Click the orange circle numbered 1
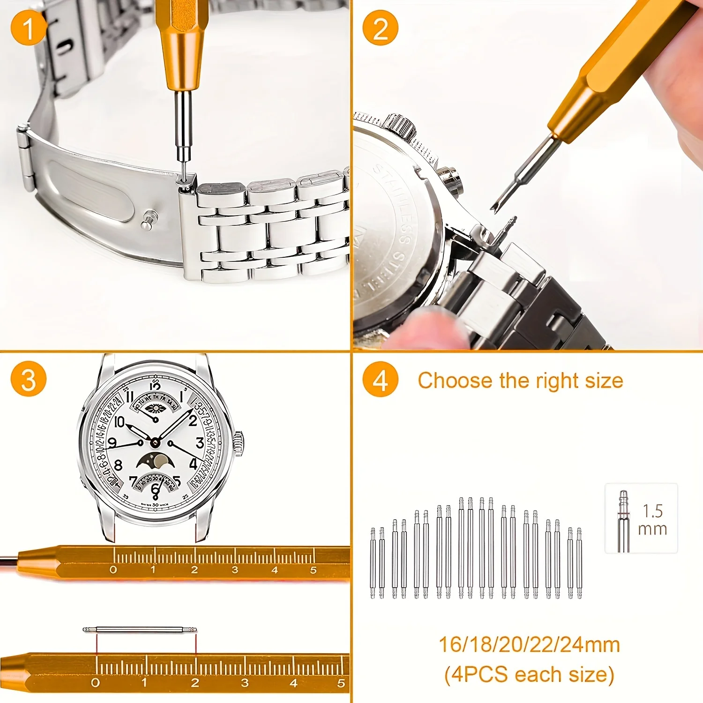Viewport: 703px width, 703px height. pos(28,28)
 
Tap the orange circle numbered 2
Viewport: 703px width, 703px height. pos(380,28)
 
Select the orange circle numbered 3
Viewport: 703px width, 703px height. pos(28,379)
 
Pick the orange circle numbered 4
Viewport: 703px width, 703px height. pos(380,379)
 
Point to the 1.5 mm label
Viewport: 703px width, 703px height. pos(652,519)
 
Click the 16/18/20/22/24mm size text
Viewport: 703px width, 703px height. pos(529,645)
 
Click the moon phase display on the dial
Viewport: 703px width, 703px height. pos(156,461)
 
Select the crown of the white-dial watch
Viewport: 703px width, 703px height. pos(239,444)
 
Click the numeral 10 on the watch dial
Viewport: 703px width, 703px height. pos(119,422)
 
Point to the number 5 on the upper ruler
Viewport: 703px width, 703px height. pos(313,570)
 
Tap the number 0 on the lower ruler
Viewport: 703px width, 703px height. pos(95,683)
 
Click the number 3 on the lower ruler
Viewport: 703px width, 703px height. pos(245,683)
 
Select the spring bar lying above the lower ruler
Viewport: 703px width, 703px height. pos(140,629)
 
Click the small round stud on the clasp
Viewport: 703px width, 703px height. pos(150,219)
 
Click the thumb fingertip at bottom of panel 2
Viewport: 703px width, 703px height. pos(422,328)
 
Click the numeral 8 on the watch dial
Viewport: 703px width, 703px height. pos(118,465)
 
